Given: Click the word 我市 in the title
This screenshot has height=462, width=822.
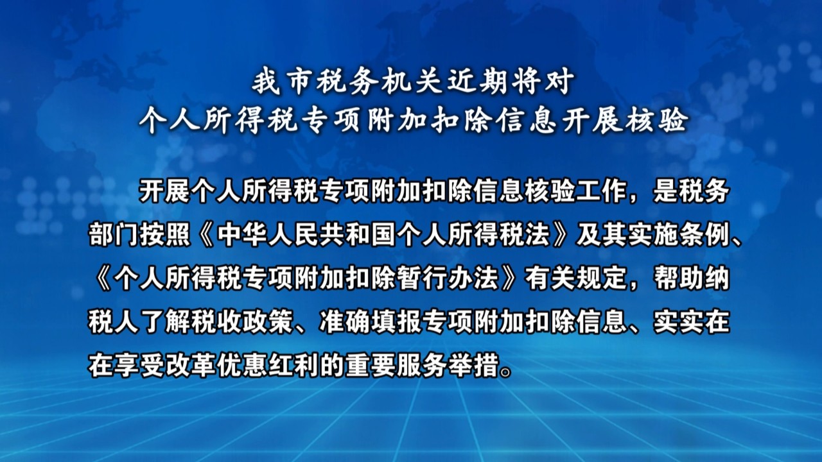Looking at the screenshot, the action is point(283,82).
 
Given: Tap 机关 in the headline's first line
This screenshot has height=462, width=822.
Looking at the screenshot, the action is point(411,82).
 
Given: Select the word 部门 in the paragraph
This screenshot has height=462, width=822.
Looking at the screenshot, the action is point(112,235).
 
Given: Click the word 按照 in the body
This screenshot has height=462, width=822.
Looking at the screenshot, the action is point(164,235).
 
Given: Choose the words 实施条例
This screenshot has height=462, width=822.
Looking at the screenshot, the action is point(678,235).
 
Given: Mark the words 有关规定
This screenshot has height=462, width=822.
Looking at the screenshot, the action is point(575,278).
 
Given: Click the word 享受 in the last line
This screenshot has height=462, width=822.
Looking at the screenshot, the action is point(138,365).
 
